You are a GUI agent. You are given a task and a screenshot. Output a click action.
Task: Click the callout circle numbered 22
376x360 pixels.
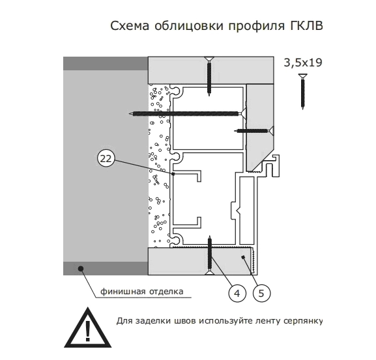pos(106,159)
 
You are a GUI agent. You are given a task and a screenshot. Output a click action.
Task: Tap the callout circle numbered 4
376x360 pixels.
pos(237,293)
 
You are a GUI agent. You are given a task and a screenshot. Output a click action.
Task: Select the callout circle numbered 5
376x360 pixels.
pos(261,293)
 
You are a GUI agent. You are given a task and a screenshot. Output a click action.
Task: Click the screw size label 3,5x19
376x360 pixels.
pos(303,62)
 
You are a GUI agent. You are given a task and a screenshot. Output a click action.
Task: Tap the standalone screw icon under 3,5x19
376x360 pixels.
pos(303,92)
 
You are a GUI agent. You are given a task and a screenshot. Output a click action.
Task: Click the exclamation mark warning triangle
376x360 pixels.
pos(87,327)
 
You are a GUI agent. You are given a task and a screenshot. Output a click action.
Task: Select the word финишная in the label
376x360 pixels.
pos(123,292)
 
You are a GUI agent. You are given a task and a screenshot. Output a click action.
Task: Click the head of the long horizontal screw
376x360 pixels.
pos(242,113)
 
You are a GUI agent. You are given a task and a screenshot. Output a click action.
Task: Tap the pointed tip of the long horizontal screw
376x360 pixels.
pos(130,113)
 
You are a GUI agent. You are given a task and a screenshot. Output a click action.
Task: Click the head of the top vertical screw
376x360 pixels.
pos(209,59)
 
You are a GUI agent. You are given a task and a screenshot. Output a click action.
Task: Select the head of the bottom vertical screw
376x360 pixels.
pos(210,272)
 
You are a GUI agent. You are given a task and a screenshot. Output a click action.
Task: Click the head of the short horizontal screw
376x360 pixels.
pos(270,131)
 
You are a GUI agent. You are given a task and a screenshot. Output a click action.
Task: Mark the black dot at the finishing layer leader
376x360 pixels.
pos(81,268)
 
